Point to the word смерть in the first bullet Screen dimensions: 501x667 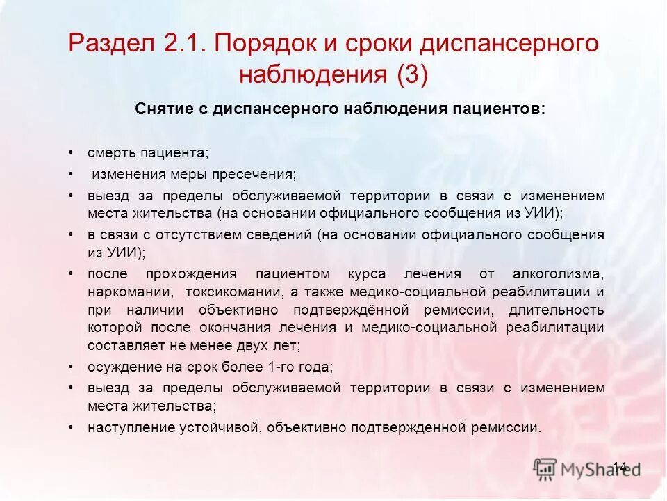tap(112, 152)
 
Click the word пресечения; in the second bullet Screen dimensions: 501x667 tap(259, 174)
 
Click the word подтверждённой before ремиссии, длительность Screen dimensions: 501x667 tap(350, 310)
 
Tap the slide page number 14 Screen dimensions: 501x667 tap(620, 466)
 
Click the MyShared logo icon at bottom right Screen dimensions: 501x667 tap(545, 468)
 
